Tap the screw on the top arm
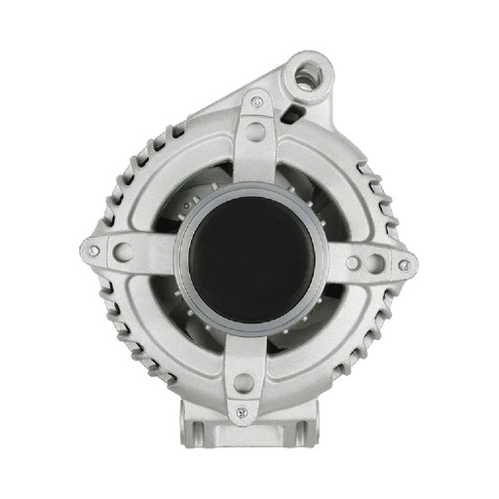[256, 100]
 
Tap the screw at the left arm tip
[94, 250]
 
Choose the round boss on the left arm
[124, 251]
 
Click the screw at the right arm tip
[403, 264]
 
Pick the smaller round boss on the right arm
[351, 261]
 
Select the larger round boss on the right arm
[376, 262]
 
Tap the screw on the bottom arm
[242, 412]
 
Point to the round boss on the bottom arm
[243, 382]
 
